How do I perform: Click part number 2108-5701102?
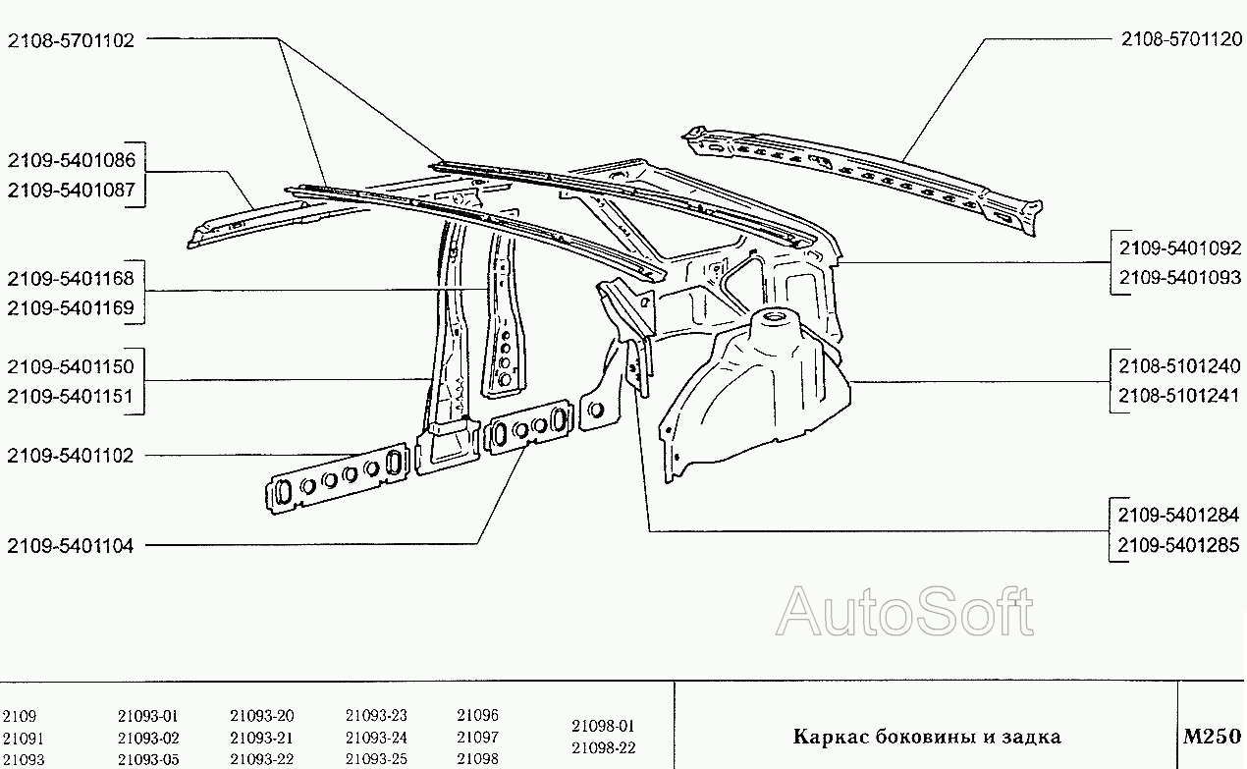tap(71, 40)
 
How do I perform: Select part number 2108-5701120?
tap(1181, 39)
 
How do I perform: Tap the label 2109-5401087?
tap(72, 190)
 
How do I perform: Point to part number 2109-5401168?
tap(71, 278)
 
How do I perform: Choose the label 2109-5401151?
tap(71, 397)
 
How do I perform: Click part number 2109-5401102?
tap(71, 456)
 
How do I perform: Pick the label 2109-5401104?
tap(71, 546)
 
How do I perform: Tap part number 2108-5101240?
tap(1179, 366)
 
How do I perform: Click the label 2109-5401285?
tap(1178, 545)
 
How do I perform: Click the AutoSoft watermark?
tap(904, 612)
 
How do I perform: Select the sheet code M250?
tap(1212, 737)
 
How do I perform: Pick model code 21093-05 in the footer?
tap(148, 759)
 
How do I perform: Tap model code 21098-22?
tap(604, 747)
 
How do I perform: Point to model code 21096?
tap(477, 715)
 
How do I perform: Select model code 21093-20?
tap(261, 716)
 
